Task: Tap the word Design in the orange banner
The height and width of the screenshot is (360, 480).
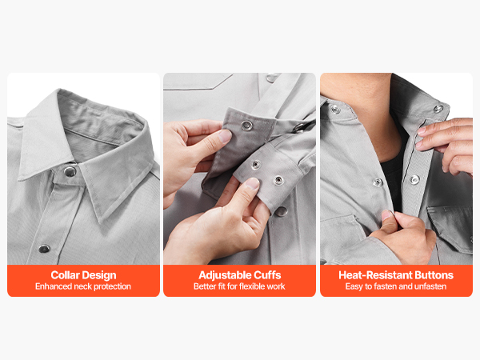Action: coord(98,275)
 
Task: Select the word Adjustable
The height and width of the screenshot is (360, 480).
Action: coord(224,275)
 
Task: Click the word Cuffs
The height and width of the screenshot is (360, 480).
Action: coord(266,275)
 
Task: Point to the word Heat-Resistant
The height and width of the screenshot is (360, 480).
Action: coord(375,275)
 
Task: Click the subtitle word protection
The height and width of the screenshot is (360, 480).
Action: coord(112,286)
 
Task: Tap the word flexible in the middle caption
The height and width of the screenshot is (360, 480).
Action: coord(252,286)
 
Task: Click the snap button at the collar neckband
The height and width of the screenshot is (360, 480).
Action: coord(70,172)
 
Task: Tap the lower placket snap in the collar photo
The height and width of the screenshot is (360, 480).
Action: coord(44,249)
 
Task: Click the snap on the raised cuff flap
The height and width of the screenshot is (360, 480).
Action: coord(246,125)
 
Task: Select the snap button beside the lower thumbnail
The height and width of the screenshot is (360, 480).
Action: coord(278,181)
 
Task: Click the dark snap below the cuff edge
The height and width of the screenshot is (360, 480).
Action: coord(281,211)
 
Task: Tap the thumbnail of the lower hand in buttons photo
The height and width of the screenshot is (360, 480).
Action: coord(387,215)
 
